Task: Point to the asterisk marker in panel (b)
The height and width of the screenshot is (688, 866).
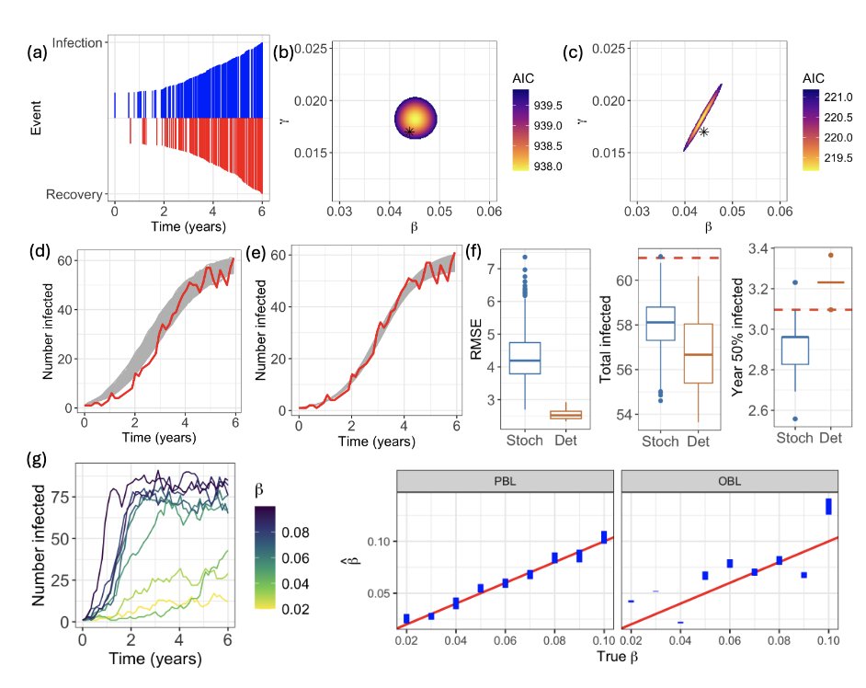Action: tap(410, 132)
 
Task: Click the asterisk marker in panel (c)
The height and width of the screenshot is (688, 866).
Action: tap(703, 132)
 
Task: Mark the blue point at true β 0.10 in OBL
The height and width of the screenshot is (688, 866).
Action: tap(828, 507)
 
